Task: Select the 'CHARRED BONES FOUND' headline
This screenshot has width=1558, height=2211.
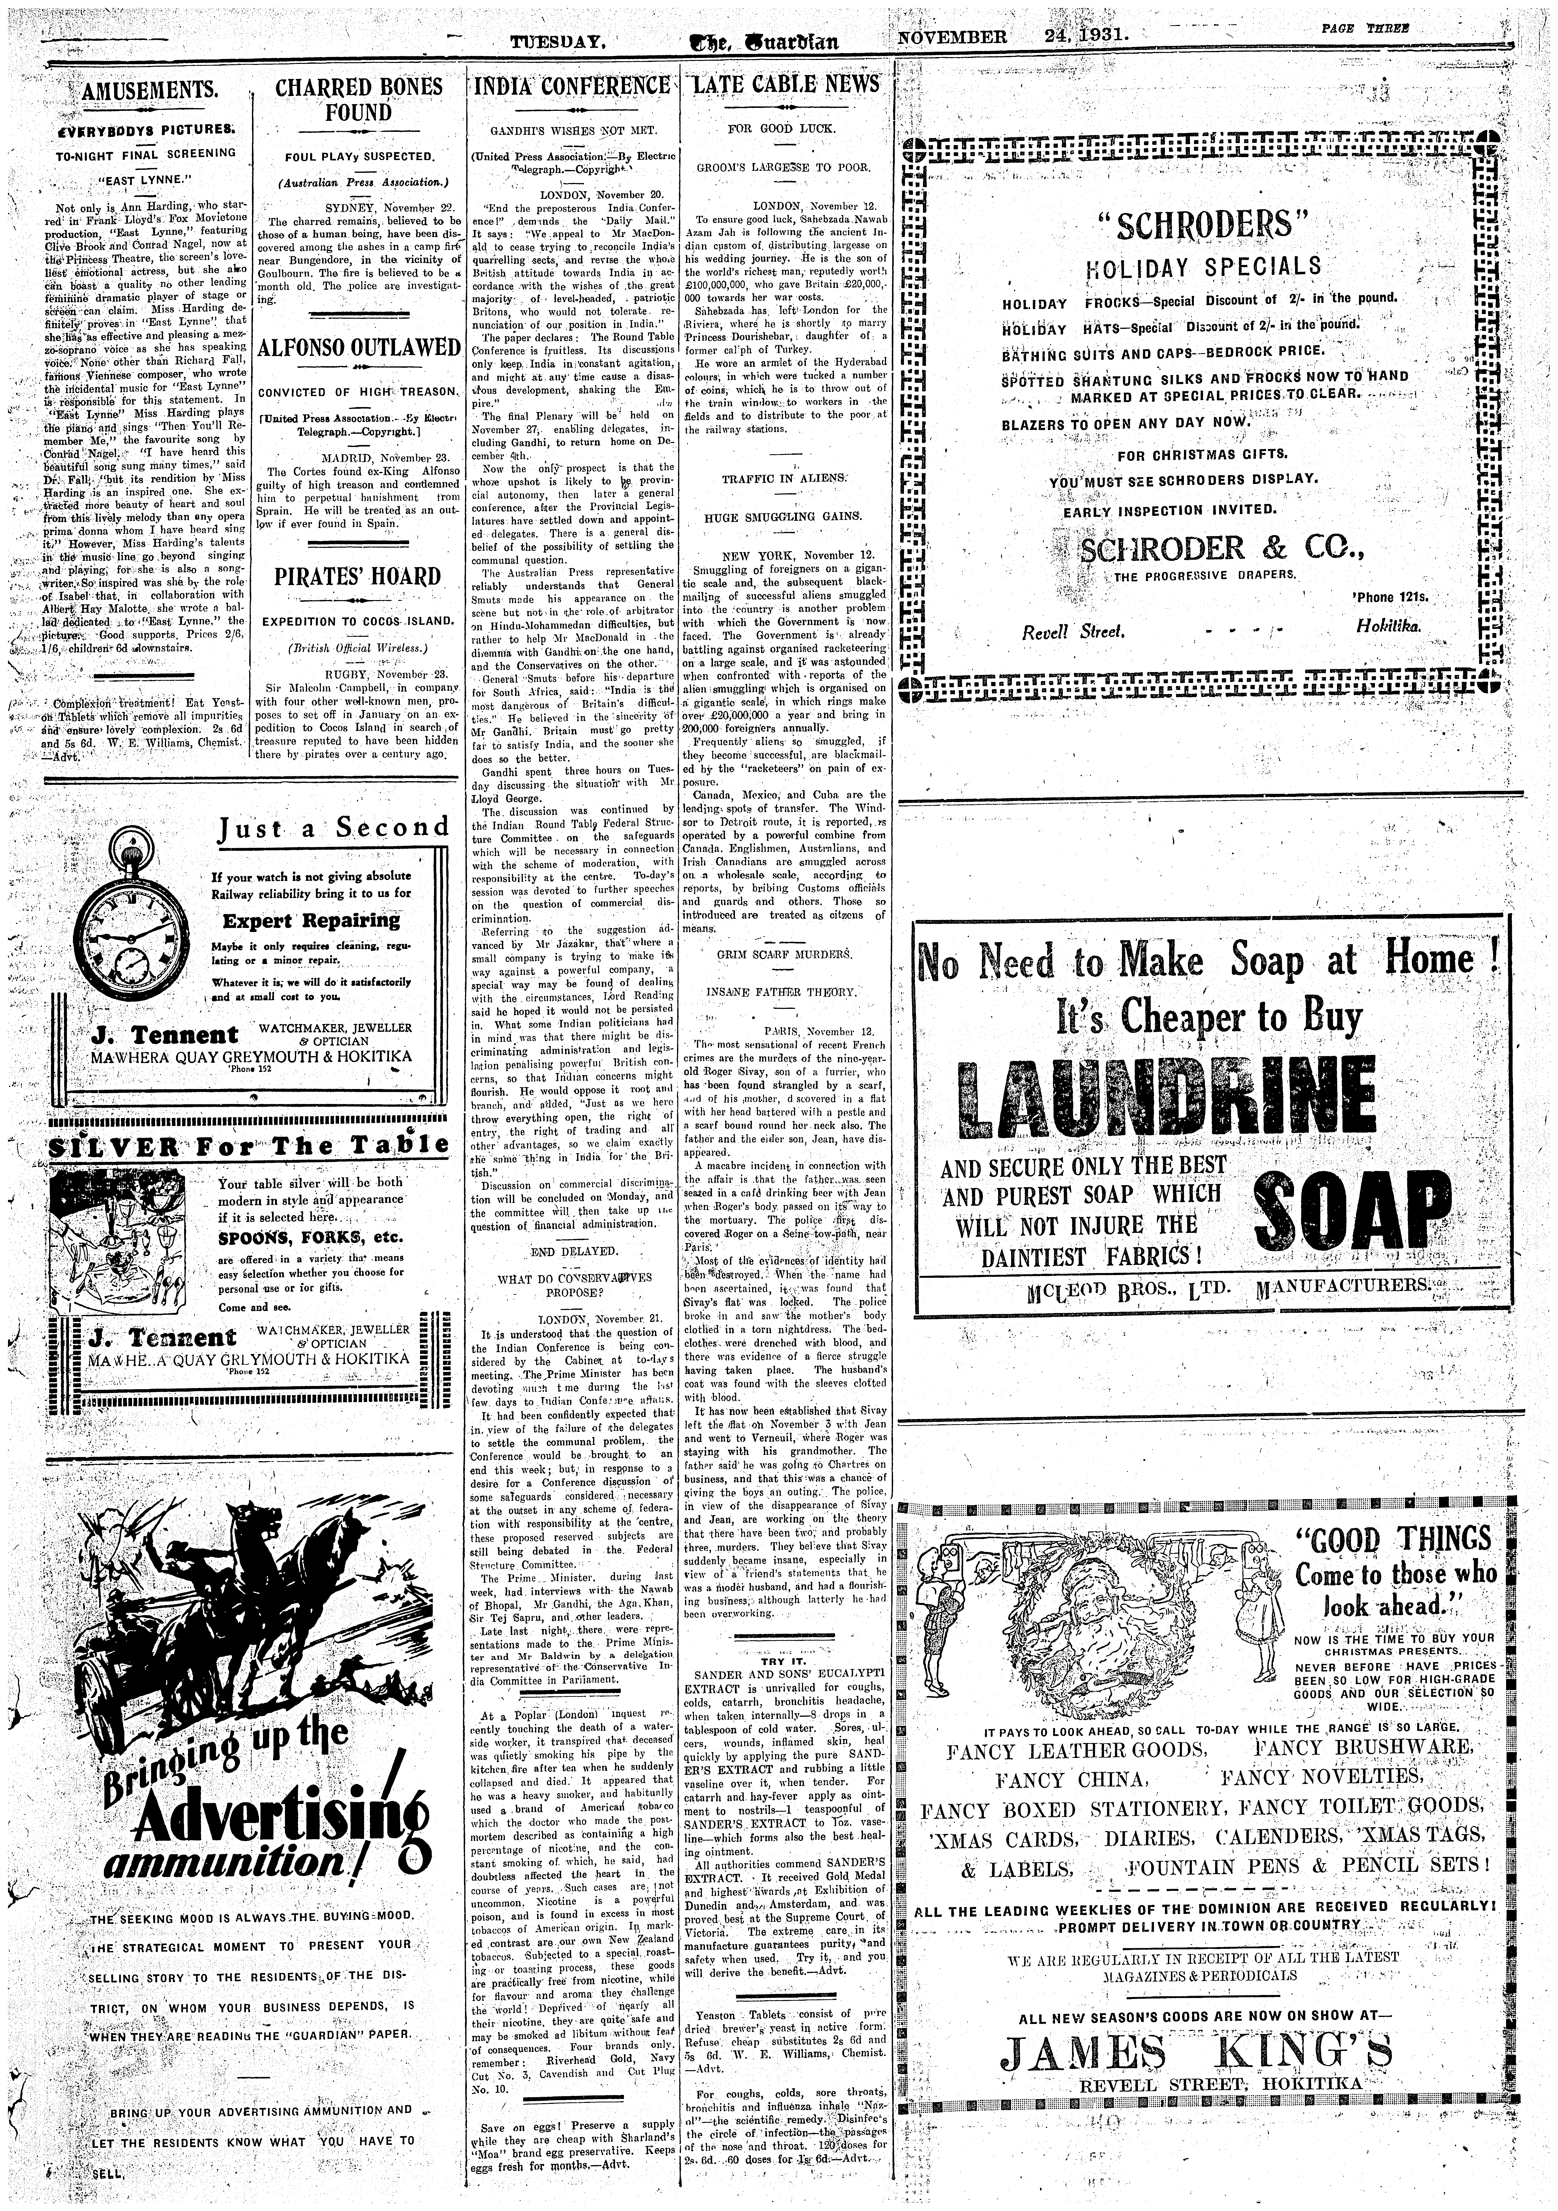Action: (358, 99)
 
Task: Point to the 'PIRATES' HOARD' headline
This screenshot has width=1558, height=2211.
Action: (358, 577)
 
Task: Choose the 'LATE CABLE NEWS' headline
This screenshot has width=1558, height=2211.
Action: (786, 85)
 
